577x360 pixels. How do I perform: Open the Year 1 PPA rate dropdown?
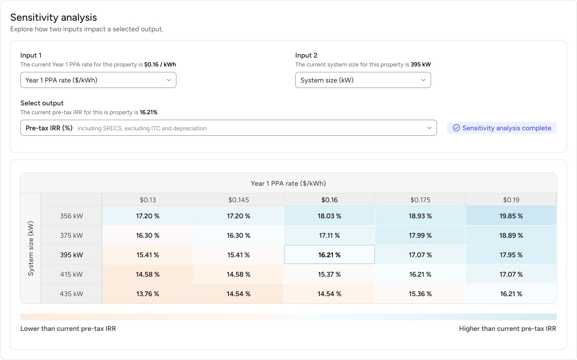[98, 80]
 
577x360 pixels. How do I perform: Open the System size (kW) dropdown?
[363, 80]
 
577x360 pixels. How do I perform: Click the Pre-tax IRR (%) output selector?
[228, 128]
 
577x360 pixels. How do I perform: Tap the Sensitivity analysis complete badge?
[502, 128]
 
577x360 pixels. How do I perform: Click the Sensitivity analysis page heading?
[54, 17]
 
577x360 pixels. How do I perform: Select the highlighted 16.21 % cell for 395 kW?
[329, 255]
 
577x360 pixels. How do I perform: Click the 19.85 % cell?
[511, 216]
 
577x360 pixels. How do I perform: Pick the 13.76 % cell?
[148, 294]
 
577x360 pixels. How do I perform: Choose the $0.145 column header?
[239, 200]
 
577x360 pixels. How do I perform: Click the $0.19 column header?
[511, 200]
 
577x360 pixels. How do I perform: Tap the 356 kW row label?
[71, 216]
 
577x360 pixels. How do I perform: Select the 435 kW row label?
[71, 294]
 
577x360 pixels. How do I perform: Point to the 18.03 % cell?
[329, 216]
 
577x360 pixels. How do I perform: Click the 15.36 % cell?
[420, 294]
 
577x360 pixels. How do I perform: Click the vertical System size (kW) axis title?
[30, 248]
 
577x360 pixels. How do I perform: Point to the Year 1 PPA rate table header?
[288, 183]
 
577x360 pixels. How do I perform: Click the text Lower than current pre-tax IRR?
[68, 329]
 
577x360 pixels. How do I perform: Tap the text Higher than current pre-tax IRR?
[507, 329]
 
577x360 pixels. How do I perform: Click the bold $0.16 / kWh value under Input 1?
[160, 65]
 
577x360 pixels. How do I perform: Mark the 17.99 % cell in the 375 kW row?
[420, 235]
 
